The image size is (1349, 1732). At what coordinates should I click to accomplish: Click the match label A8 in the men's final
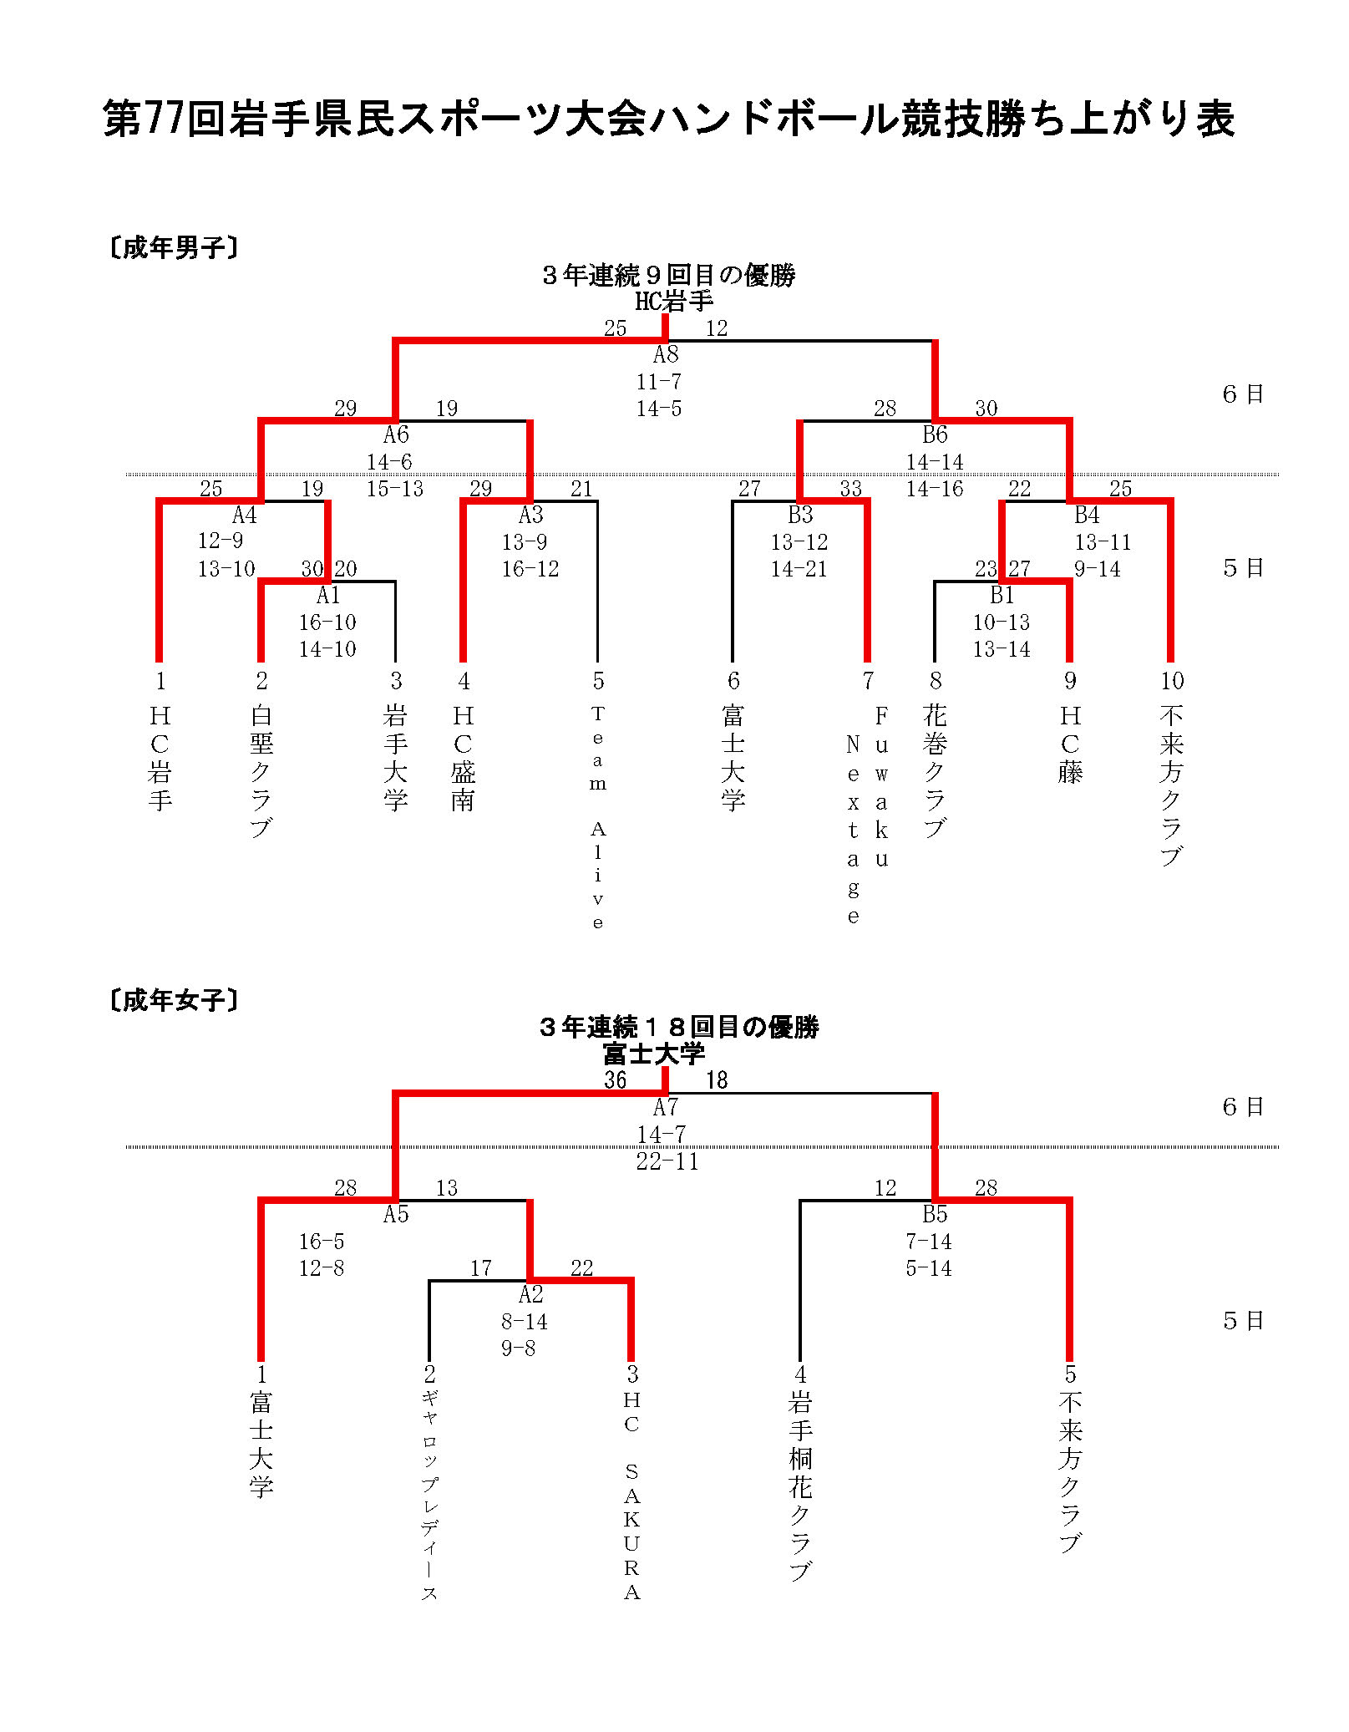(666, 354)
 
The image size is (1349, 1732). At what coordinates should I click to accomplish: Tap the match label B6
(935, 434)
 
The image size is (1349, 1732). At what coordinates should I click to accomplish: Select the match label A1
(328, 595)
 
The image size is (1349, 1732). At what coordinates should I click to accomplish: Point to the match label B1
(1002, 595)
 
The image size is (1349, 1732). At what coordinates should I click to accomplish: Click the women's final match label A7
(666, 1107)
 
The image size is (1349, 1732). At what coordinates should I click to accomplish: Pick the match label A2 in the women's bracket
(530, 1294)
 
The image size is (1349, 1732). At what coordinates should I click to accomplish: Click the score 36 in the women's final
(616, 1079)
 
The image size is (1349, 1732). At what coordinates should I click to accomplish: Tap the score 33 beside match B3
(851, 488)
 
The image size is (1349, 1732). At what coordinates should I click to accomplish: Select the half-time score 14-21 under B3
(799, 569)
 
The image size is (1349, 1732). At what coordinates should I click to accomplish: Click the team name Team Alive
(598, 817)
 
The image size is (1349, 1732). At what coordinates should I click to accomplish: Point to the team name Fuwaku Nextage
(867, 815)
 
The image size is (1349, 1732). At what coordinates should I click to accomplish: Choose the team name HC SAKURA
(632, 1496)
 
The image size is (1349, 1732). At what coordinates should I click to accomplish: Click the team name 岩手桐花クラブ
(800, 1486)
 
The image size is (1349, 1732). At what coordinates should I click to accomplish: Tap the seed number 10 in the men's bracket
(1172, 681)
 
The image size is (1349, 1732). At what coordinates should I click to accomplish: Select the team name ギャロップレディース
(429, 1496)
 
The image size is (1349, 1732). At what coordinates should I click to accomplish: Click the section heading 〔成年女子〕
(174, 1000)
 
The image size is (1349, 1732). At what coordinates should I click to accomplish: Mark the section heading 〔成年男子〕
(174, 247)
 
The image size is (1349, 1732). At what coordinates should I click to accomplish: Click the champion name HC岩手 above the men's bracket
(674, 301)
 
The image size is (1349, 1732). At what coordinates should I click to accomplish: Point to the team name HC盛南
(464, 758)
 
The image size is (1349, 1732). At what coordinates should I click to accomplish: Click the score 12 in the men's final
(717, 328)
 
